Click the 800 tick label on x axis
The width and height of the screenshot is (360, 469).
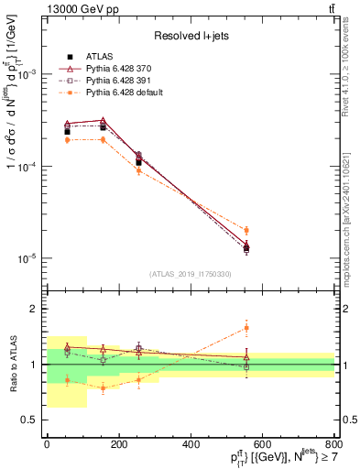pos(333,444)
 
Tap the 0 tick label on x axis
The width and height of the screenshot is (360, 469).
pos(47,444)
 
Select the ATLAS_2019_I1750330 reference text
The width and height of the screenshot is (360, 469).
pos(191,274)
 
